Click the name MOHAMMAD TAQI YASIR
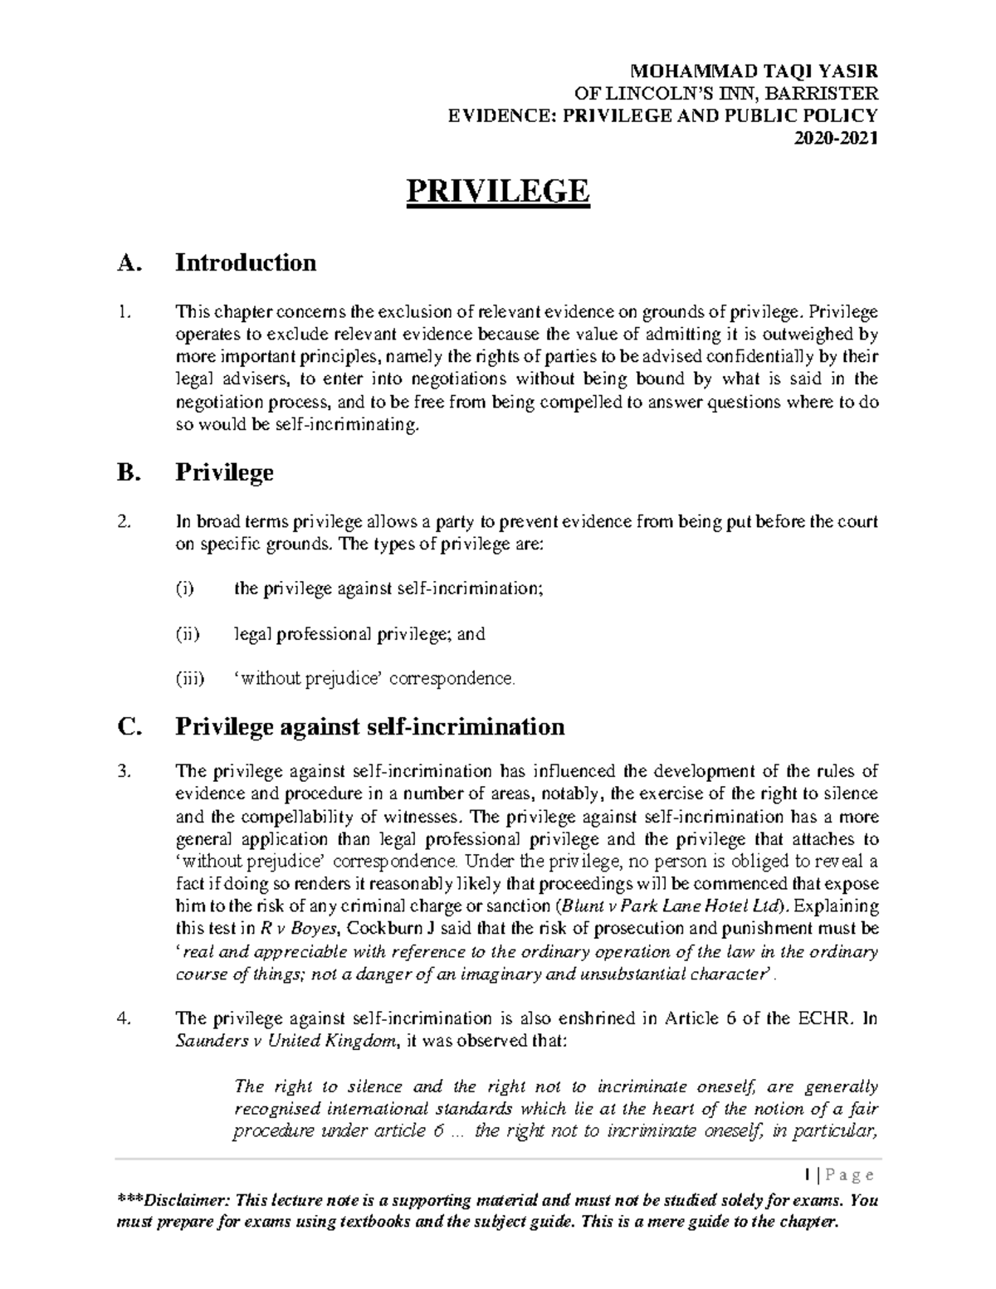(x=754, y=71)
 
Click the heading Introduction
(x=246, y=263)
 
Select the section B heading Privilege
(x=224, y=473)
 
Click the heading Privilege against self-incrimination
(x=370, y=727)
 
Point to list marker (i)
(x=184, y=589)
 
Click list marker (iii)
(x=188, y=679)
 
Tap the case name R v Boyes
(x=305, y=929)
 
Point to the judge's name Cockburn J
(x=388, y=929)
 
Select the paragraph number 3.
(x=124, y=772)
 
